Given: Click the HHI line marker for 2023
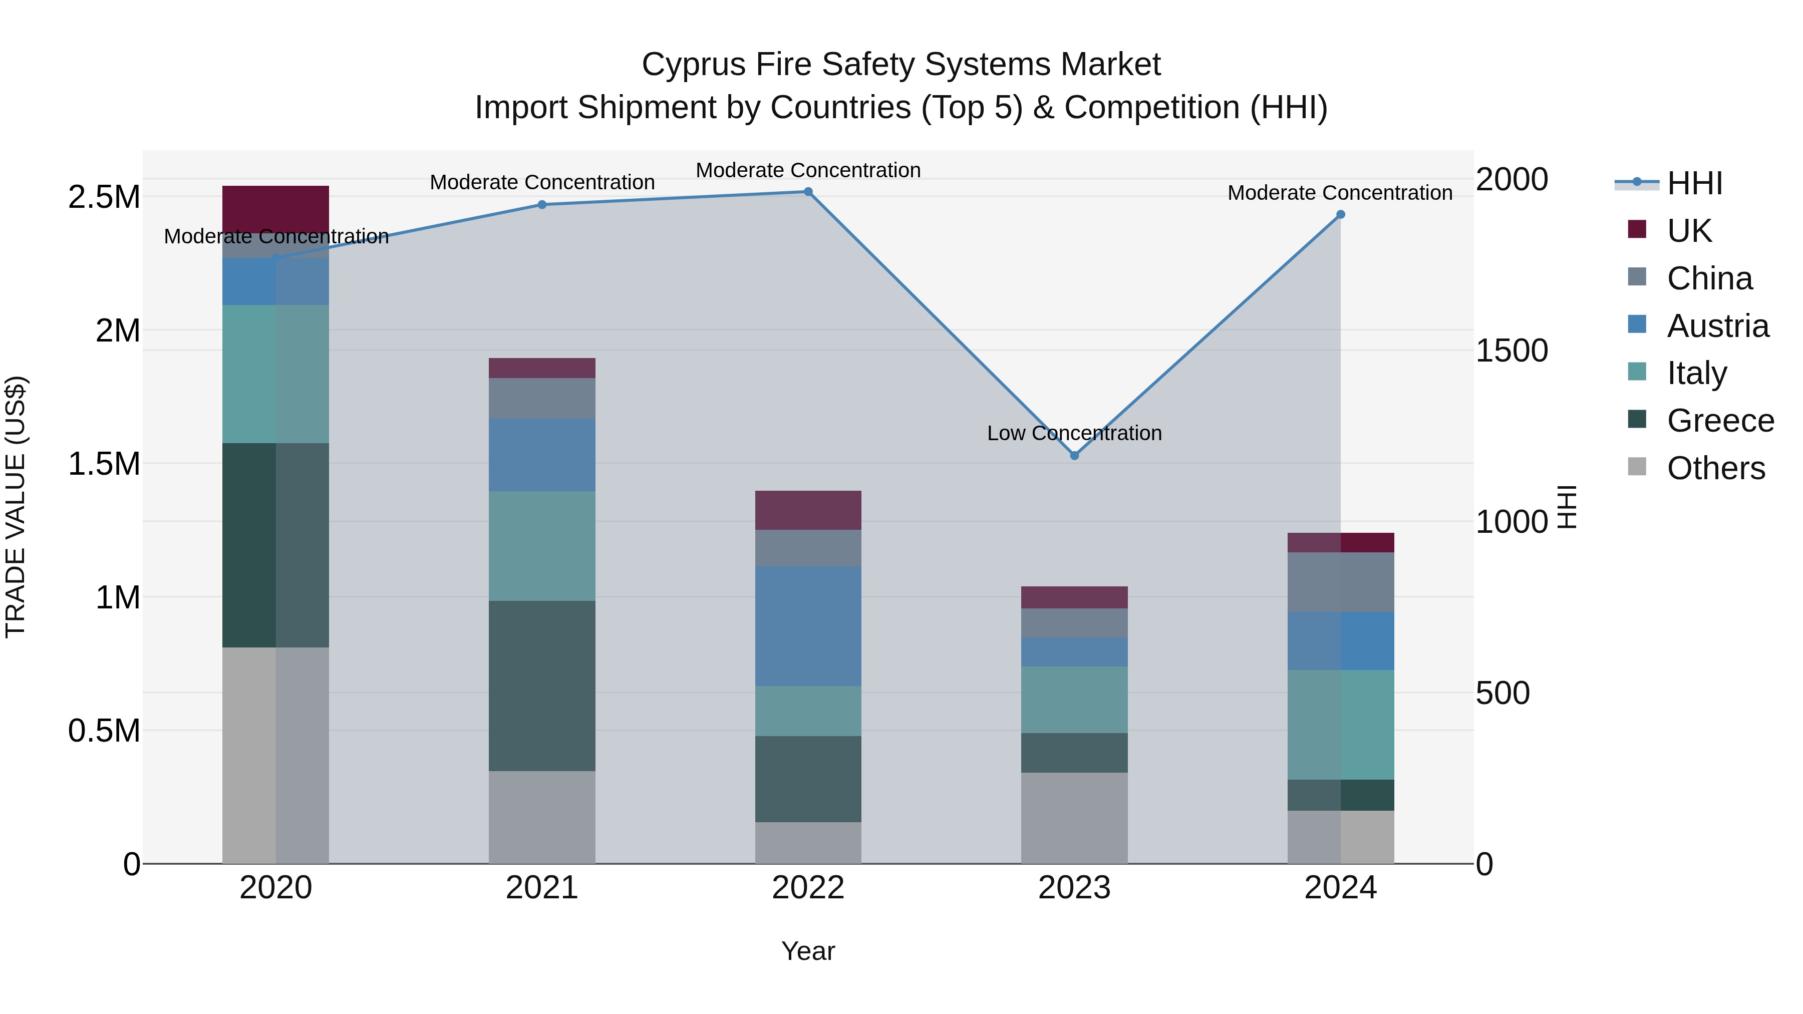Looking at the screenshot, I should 1074,456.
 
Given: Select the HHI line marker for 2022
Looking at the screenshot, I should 808,192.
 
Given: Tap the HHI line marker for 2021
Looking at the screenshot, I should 542,205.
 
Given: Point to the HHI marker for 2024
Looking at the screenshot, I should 1340,215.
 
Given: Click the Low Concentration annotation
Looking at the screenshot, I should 1074,433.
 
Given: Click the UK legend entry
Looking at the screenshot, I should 1688,231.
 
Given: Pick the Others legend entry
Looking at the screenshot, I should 1715,468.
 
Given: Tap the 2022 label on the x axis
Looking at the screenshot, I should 808,888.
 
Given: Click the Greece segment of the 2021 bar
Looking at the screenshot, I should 542,686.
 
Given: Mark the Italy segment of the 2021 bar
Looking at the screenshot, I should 542,546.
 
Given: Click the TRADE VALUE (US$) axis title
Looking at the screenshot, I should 16,507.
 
